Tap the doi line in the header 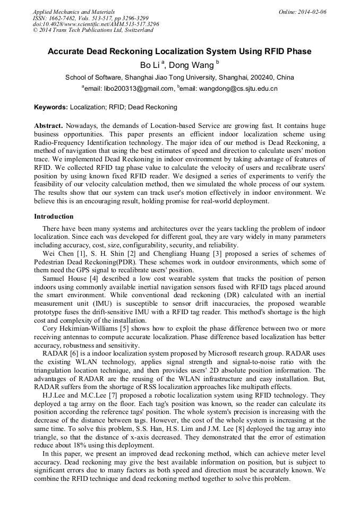point(96,24)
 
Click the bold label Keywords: point(51,107)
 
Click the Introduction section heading point(54,217)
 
